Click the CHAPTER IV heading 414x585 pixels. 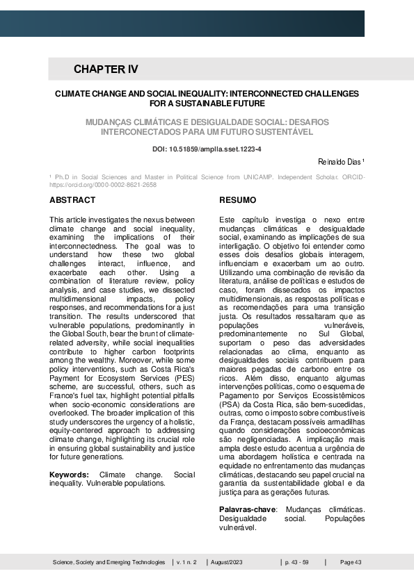click(106, 69)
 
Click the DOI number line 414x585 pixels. click(207, 149)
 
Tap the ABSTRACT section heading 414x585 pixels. click(72, 201)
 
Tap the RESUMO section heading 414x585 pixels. click(237, 201)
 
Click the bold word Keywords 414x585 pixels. click(69, 475)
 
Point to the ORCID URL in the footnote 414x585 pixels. click(103, 186)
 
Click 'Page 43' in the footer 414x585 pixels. click(351, 562)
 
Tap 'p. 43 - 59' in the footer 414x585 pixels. click(296, 562)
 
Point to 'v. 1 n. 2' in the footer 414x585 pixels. click(186, 562)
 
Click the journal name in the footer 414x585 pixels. click(109, 562)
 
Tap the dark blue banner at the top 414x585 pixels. click(182, 23)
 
